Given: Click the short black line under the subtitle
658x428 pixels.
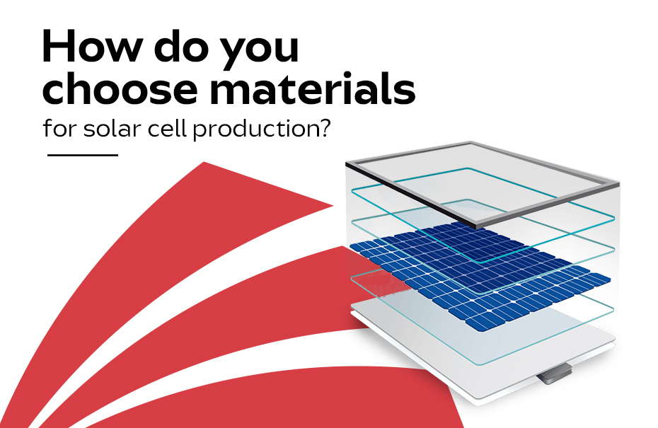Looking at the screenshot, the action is coord(83,155).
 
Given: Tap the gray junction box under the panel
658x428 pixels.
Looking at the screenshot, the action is coord(554,374).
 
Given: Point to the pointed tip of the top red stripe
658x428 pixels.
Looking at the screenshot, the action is coord(333,206).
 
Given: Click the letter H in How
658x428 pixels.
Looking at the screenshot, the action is coord(58,46).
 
